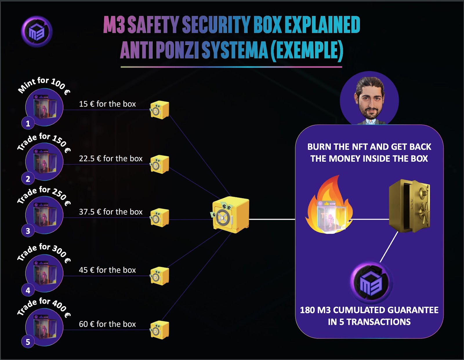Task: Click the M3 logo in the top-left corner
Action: click(37, 32)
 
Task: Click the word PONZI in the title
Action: click(177, 50)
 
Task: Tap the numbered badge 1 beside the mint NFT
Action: click(28, 123)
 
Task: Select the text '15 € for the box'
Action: click(107, 104)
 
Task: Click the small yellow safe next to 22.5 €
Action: click(159, 164)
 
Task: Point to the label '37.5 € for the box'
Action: click(110, 212)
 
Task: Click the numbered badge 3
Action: click(28, 231)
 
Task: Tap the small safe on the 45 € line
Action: click(159, 276)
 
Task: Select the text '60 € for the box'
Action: click(107, 324)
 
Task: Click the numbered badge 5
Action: click(28, 342)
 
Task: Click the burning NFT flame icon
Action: click(329, 207)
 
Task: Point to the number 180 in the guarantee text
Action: click(307, 310)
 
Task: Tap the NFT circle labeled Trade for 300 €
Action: click(44, 273)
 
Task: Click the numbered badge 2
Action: click(28, 179)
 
